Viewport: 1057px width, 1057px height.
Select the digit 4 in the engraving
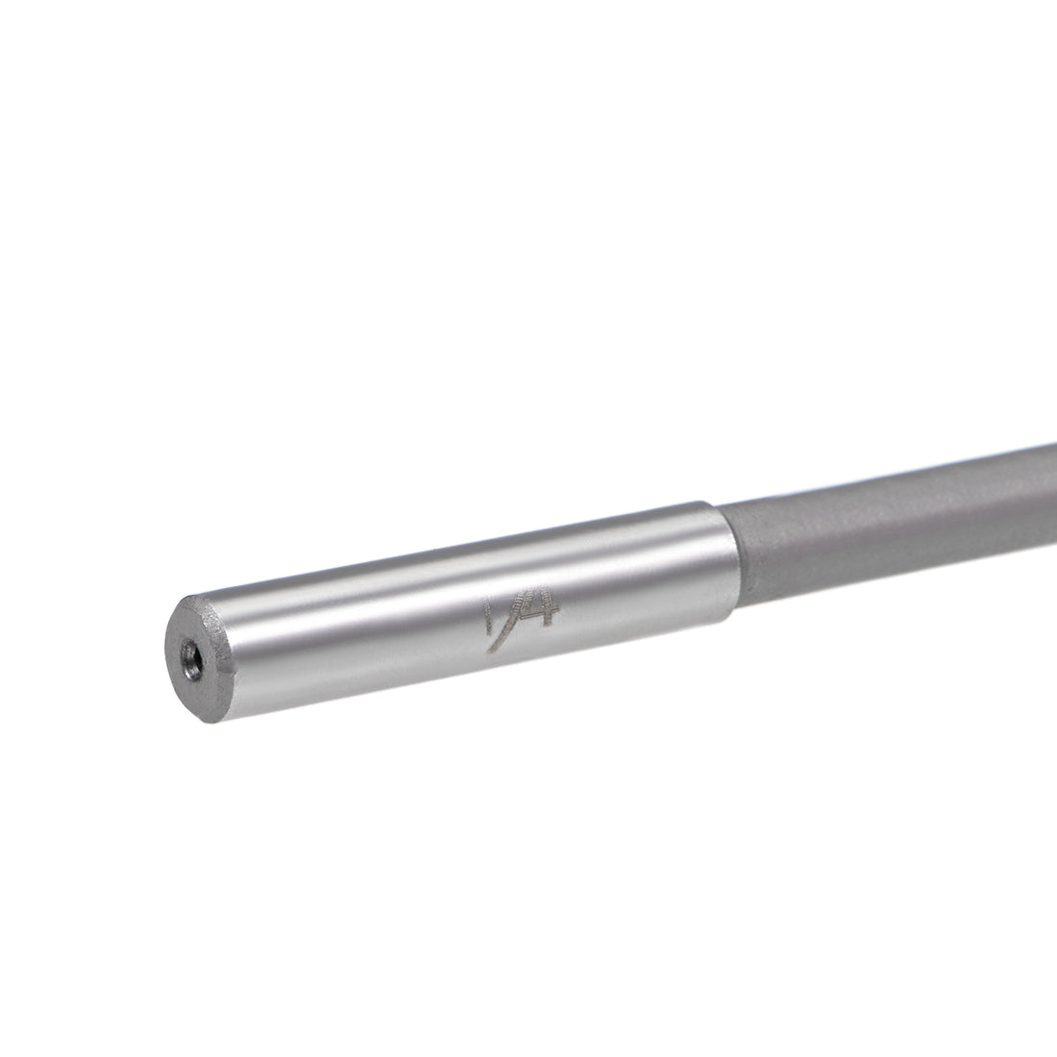tap(533, 620)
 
